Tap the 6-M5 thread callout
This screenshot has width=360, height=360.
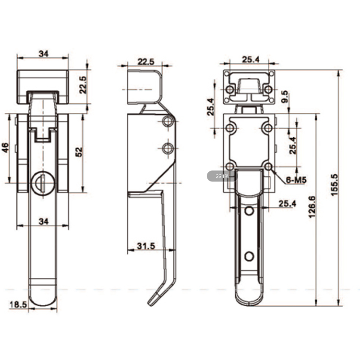click(296, 180)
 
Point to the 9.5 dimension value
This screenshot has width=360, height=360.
click(285, 97)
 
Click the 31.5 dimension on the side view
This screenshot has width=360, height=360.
click(146, 246)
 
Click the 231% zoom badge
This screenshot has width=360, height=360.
click(222, 176)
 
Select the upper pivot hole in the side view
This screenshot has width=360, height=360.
click(167, 122)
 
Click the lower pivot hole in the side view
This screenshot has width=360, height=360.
click(167, 149)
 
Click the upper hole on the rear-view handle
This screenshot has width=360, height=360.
click(249, 211)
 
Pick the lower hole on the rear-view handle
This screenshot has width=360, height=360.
click(249, 256)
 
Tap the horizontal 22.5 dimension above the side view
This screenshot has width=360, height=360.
click(145, 61)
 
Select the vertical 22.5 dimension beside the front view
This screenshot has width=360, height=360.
click(82, 85)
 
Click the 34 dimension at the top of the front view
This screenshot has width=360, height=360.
click(43, 54)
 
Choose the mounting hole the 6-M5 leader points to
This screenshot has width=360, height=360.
click(268, 167)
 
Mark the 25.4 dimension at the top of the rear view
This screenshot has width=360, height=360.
click(250, 59)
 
